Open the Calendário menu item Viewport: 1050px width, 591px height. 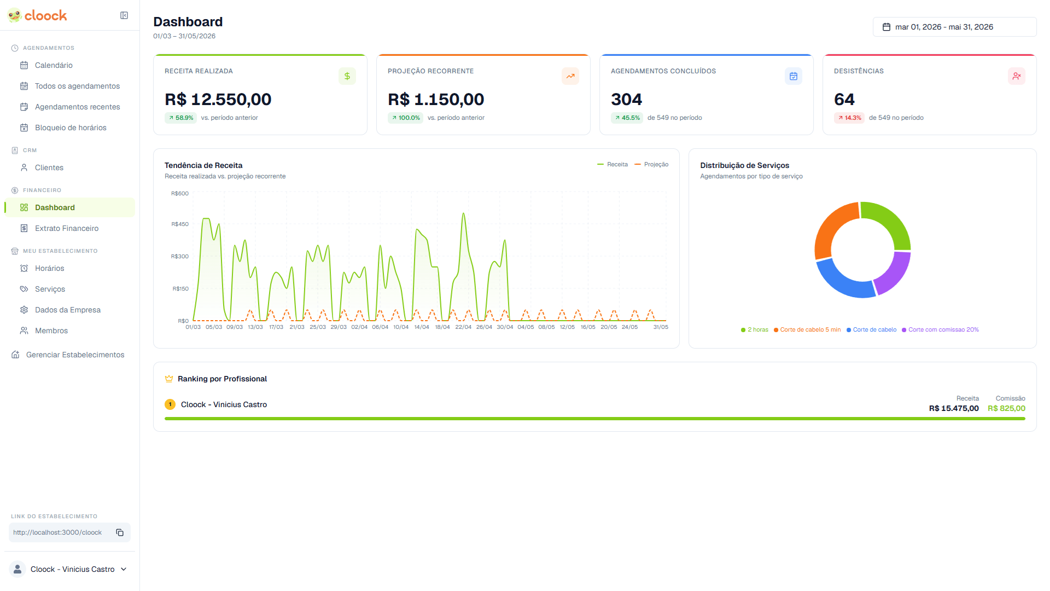pyautogui.click(x=54, y=65)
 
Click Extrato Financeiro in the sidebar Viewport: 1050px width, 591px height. pyautogui.click(x=67, y=228)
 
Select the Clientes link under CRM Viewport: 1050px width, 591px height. pyautogui.click(x=49, y=167)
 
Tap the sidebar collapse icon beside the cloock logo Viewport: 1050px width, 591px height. pyautogui.click(x=124, y=15)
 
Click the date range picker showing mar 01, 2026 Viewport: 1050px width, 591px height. pyautogui.click(x=954, y=27)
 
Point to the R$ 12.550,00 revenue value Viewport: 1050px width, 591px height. pyautogui.click(x=218, y=100)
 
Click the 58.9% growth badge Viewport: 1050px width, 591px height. pyautogui.click(x=181, y=118)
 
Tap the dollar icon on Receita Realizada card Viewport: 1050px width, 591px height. pyautogui.click(x=347, y=76)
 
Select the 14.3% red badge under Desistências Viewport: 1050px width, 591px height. pyautogui.click(x=849, y=118)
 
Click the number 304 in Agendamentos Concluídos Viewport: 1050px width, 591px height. pyautogui.click(x=626, y=100)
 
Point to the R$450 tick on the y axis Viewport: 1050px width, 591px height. pyautogui.click(x=180, y=224)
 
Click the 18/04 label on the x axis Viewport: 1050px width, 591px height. pyautogui.click(x=442, y=327)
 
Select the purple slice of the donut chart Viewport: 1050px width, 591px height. pyautogui.click(x=892, y=272)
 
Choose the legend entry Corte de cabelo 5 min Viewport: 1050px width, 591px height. pyautogui.click(x=810, y=329)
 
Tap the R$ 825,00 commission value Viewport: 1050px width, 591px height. pyautogui.click(x=1006, y=408)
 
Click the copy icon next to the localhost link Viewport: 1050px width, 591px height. pyautogui.click(x=120, y=532)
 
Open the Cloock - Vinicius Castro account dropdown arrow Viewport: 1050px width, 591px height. pyautogui.click(x=124, y=569)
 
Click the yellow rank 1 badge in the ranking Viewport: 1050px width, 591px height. pyautogui.click(x=170, y=404)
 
